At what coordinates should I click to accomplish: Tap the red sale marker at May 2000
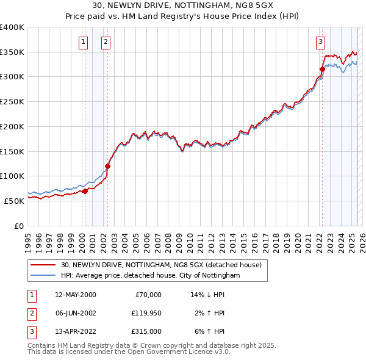[85, 191]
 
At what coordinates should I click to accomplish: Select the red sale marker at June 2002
[107, 166]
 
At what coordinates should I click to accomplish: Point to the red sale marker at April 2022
[322, 69]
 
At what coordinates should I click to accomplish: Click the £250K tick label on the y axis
[12, 101]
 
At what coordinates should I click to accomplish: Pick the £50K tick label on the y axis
[15, 201]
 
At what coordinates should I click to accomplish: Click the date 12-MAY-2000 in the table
[75, 295]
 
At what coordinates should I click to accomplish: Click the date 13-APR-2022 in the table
[75, 331]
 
